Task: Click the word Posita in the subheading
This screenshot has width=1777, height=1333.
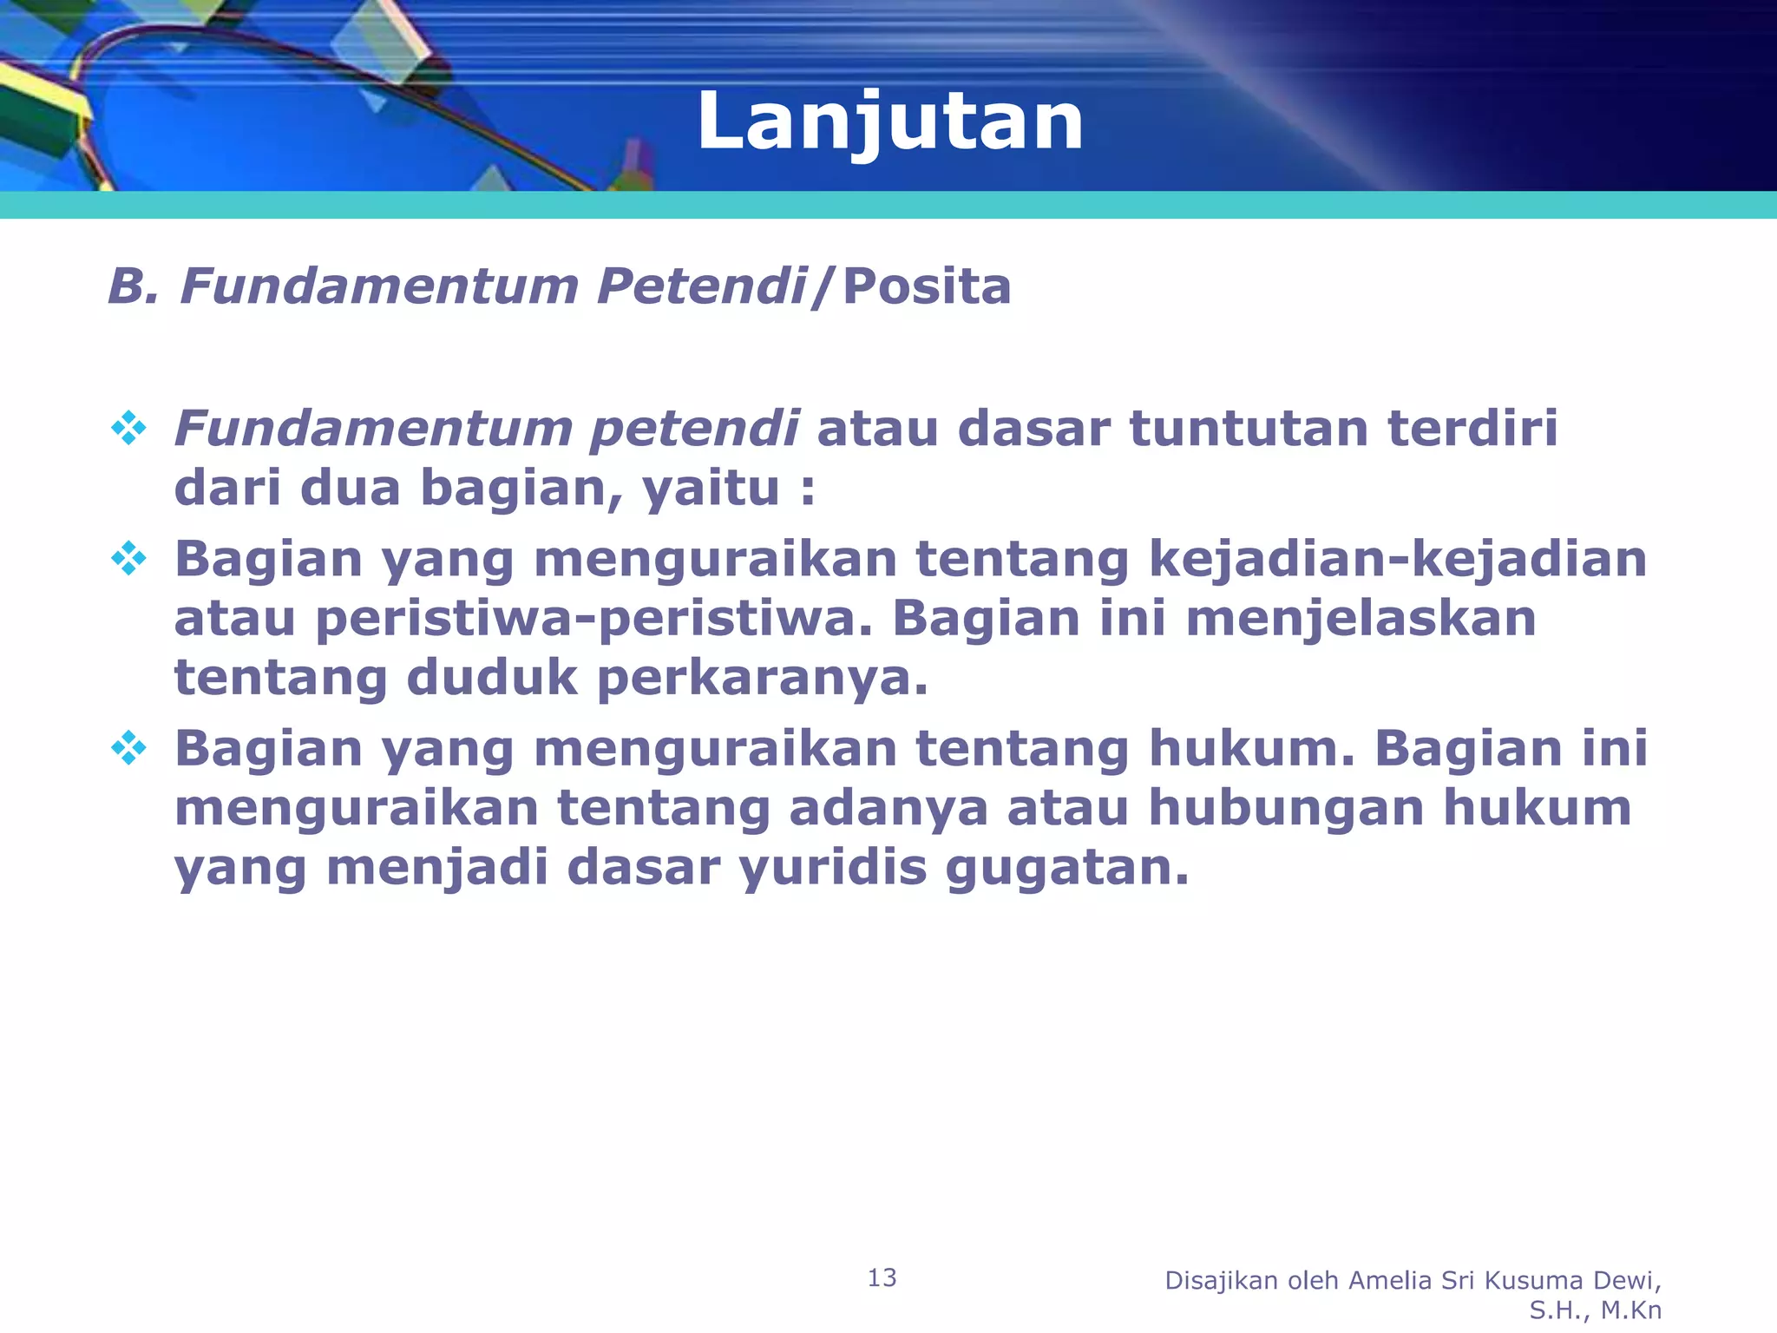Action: tap(926, 286)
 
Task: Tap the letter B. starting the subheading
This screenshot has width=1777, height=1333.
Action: tap(133, 286)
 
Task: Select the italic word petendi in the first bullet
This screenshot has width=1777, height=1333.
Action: tap(693, 430)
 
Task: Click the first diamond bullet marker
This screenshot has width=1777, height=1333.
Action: tap(128, 429)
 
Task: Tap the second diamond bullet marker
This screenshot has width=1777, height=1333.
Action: tap(128, 559)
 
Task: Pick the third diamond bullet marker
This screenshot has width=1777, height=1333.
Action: tap(128, 748)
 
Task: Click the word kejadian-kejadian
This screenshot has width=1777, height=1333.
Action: tap(1397, 559)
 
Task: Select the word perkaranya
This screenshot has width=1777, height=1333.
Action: tap(763, 678)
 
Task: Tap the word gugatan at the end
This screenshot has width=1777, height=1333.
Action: tap(1067, 867)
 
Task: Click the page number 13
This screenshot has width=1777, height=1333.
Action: tap(882, 1277)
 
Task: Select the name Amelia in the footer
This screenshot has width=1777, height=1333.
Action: tap(1391, 1280)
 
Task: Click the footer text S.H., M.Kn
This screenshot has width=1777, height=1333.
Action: tap(1595, 1310)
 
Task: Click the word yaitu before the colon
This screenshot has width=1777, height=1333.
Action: tap(710, 489)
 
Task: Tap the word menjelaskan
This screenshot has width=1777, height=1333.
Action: tap(1361, 619)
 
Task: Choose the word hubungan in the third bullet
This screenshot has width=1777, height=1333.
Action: tap(1286, 808)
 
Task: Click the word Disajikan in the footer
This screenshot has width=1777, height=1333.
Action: tap(1221, 1280)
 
